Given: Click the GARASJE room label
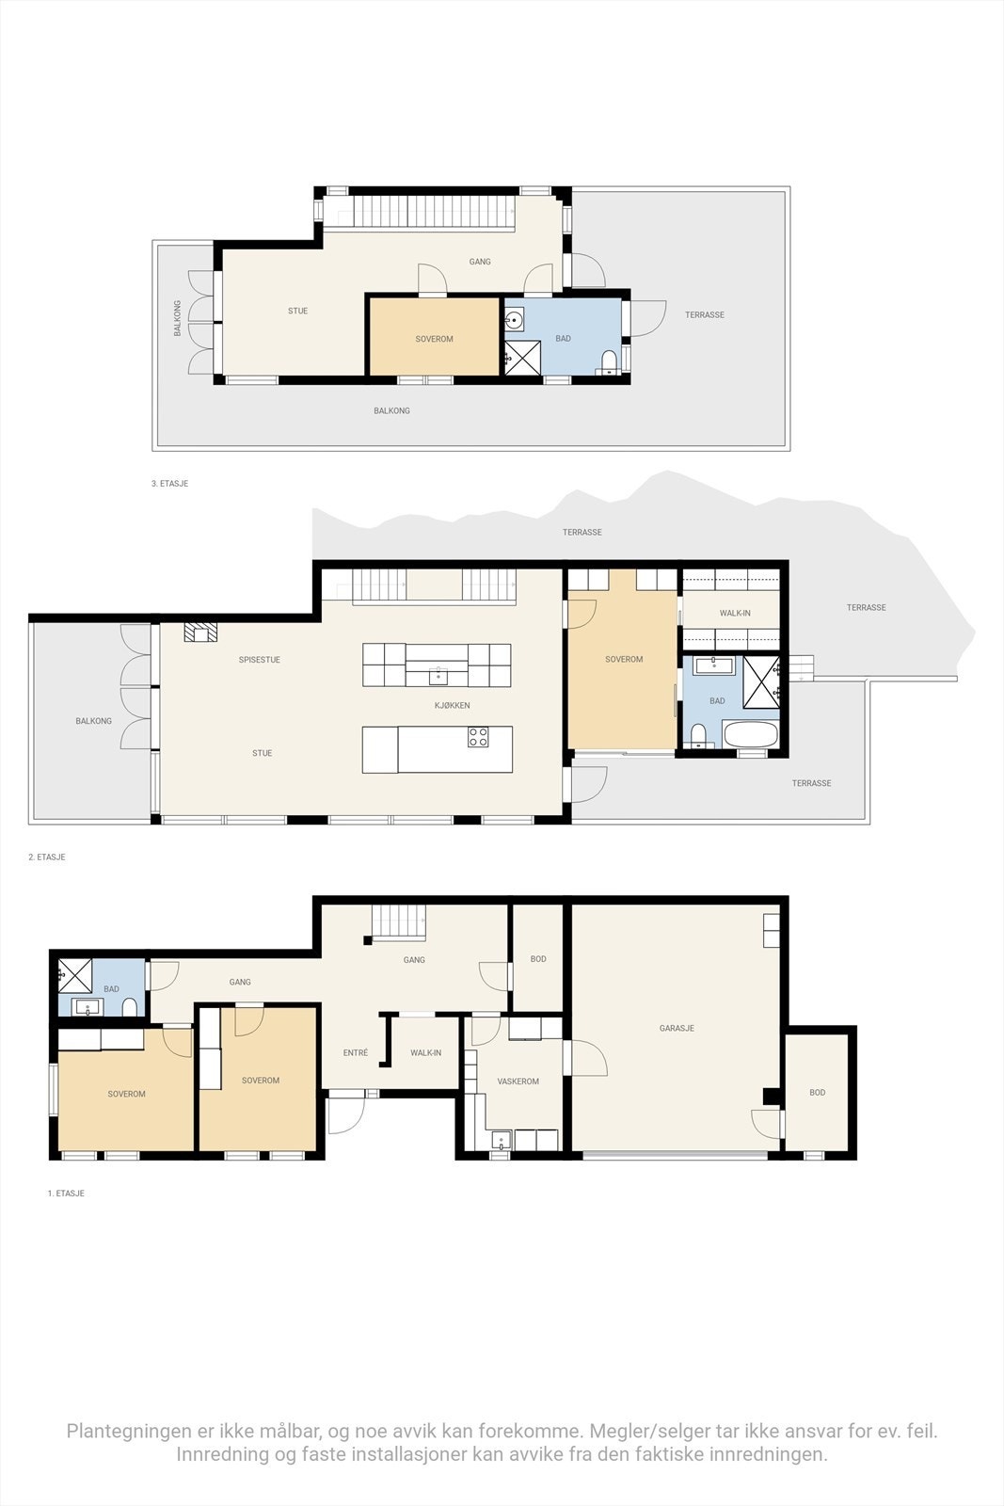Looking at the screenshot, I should point(677,1028).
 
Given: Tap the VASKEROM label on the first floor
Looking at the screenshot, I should point(518,1081).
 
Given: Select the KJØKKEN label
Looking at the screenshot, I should point(452,705).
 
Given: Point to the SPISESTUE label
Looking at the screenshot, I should point(259,660).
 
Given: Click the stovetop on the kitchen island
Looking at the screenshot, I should point(478,738).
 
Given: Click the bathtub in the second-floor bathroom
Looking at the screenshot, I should point(750,733).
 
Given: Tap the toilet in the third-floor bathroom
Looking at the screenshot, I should point(609,362).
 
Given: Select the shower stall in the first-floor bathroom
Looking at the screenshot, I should point(75,974).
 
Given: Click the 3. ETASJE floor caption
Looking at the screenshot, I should point(169,484).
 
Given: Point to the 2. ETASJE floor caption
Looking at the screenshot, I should point(47,857).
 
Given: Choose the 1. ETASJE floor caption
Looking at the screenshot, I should point(66,1194).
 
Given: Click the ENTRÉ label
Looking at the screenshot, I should point(356,1053).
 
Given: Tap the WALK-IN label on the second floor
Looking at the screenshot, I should point(735,614).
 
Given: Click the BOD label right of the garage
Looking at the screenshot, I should point(817,1093).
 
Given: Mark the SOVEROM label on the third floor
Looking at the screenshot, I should point(434,339).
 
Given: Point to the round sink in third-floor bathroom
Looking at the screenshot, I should point(514,321).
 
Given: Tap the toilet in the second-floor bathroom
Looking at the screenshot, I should point(697,735).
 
